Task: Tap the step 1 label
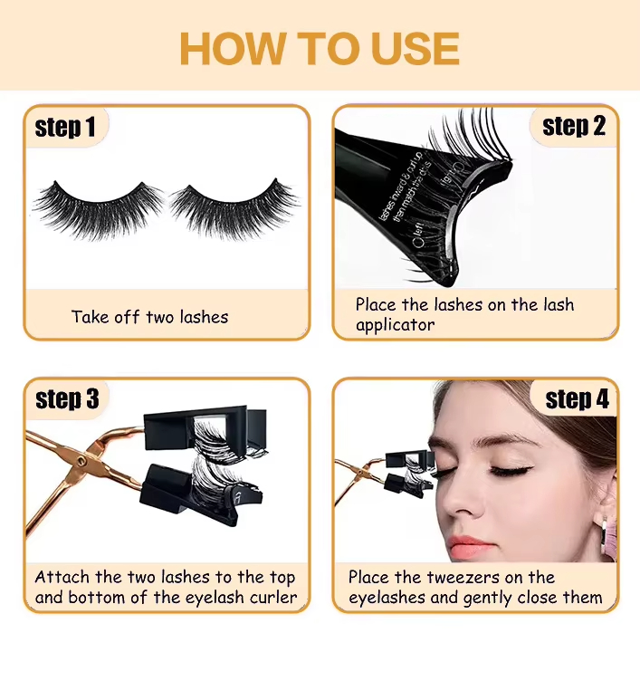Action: pyautogui.click(x=65, y=128)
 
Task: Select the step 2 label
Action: pyautogui.click(x=574, y=126)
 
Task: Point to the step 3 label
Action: pyautogui.click(x=66, y=398)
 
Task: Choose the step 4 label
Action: pyautogui.click(x=578, y=398)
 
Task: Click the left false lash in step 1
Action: pyautogui.click(x=98, y=206)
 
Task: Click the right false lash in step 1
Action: pyautogui.click(x=234, y=206)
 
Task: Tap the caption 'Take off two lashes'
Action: pyautogui.click(x=149, y=317)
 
